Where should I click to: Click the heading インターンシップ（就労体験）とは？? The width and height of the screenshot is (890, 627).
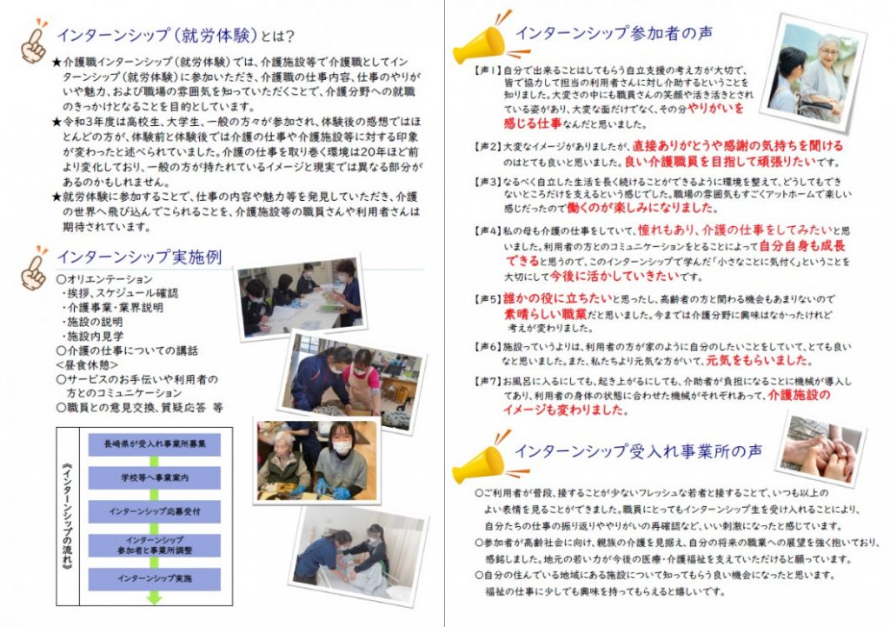click(x=175, y=37)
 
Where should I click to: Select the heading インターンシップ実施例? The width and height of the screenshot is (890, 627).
click(x=139, y=257)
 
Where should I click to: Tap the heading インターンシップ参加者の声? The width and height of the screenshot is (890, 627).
click(x=614, y=33)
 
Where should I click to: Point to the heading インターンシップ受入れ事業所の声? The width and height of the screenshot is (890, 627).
click(x=638, y=452)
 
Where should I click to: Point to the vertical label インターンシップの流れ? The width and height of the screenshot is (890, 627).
click(x=70, y=513)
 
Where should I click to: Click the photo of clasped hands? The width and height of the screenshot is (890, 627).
click(x=821, y=450)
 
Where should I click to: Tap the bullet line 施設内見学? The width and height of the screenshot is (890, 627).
click(x=95, y=335)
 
